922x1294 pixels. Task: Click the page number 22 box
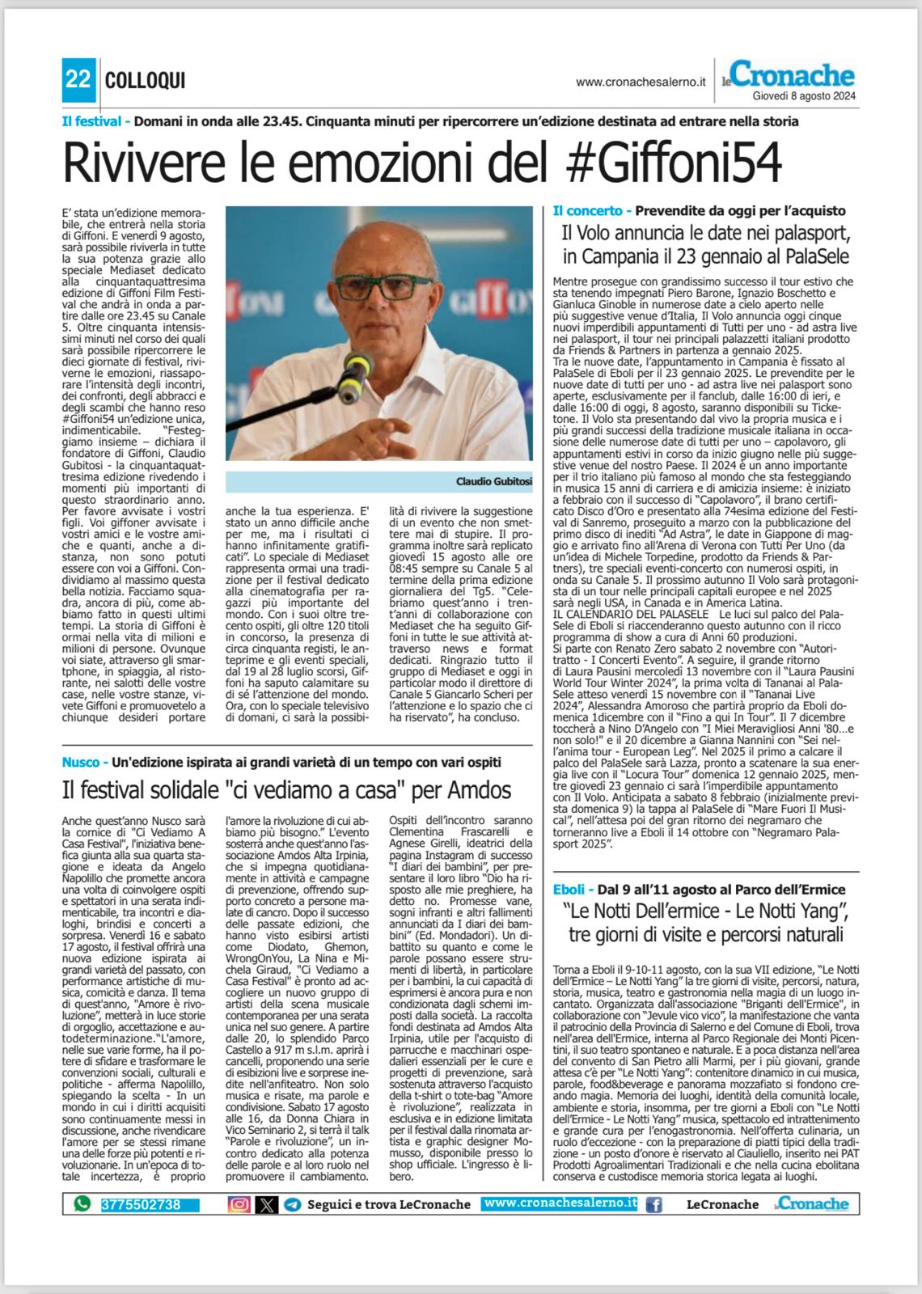click(78, 80)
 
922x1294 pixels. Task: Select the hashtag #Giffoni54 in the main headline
click(670, 163)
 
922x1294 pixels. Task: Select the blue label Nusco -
click(85, 762)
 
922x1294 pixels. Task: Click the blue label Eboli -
click(573, 890)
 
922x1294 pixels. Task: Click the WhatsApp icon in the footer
click(82, 1204)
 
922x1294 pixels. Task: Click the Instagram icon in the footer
click(239, 1204)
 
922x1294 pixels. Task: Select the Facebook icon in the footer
click(653, 1204)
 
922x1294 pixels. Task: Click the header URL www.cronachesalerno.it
click(641, 82)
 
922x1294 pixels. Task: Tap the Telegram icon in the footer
click(293, 1204)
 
